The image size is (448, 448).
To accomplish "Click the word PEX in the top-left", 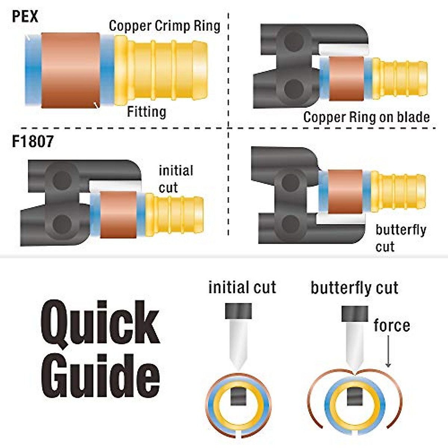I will click(x=25, y=16).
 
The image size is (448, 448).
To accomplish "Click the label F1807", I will click(x=33, y=142).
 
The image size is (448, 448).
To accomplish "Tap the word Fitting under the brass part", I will click(x=146, y=112).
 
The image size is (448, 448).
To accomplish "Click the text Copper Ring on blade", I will click(x=366, y=117).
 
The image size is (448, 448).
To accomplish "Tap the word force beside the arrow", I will click(x=392, y=326).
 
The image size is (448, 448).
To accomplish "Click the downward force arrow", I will click(x=388, y=351).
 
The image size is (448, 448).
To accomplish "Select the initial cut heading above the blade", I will click(x=242, y=288).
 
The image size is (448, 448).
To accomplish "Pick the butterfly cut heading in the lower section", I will click(x=354, y=288).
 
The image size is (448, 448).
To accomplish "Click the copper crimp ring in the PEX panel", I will click(x=70, y=70).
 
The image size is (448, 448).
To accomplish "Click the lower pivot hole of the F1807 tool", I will click(x=62, y=224).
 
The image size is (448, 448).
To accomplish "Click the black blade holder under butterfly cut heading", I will click(x=355, y=314).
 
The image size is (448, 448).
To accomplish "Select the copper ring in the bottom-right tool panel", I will click(x=345, y=192).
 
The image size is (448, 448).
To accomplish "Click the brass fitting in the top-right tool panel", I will click(x=399, y=78).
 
